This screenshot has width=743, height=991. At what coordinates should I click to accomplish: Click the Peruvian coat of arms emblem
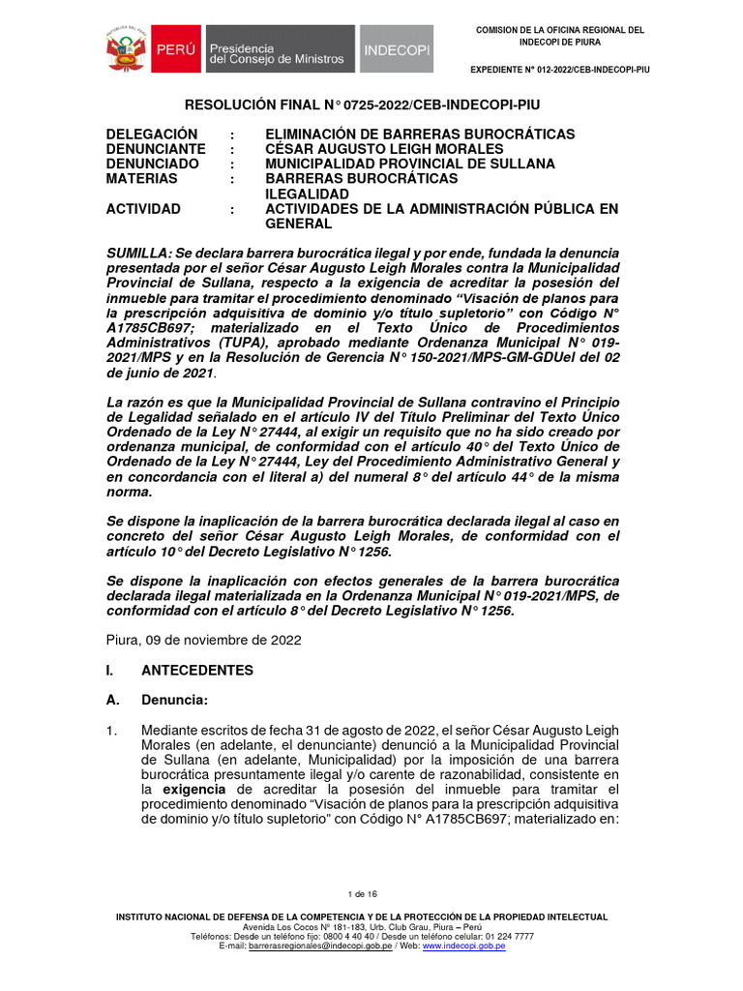point(125,48)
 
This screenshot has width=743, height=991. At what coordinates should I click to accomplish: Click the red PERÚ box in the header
point(174,48)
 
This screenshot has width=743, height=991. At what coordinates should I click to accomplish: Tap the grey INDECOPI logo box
point(397,49)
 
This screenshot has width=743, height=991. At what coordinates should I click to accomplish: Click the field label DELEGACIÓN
point(152,135)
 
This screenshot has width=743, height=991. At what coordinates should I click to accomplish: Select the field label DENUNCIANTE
point(156,149)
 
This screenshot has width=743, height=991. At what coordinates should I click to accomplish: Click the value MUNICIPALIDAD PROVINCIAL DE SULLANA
point(409,165)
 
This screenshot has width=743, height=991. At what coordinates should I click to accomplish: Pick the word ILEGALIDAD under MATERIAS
point(308,194)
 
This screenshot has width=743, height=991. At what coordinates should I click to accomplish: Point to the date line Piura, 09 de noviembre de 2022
point(203,640)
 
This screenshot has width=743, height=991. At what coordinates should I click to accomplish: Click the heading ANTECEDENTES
point(197,670)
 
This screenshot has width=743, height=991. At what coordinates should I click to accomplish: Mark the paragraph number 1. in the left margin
point(112,730)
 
